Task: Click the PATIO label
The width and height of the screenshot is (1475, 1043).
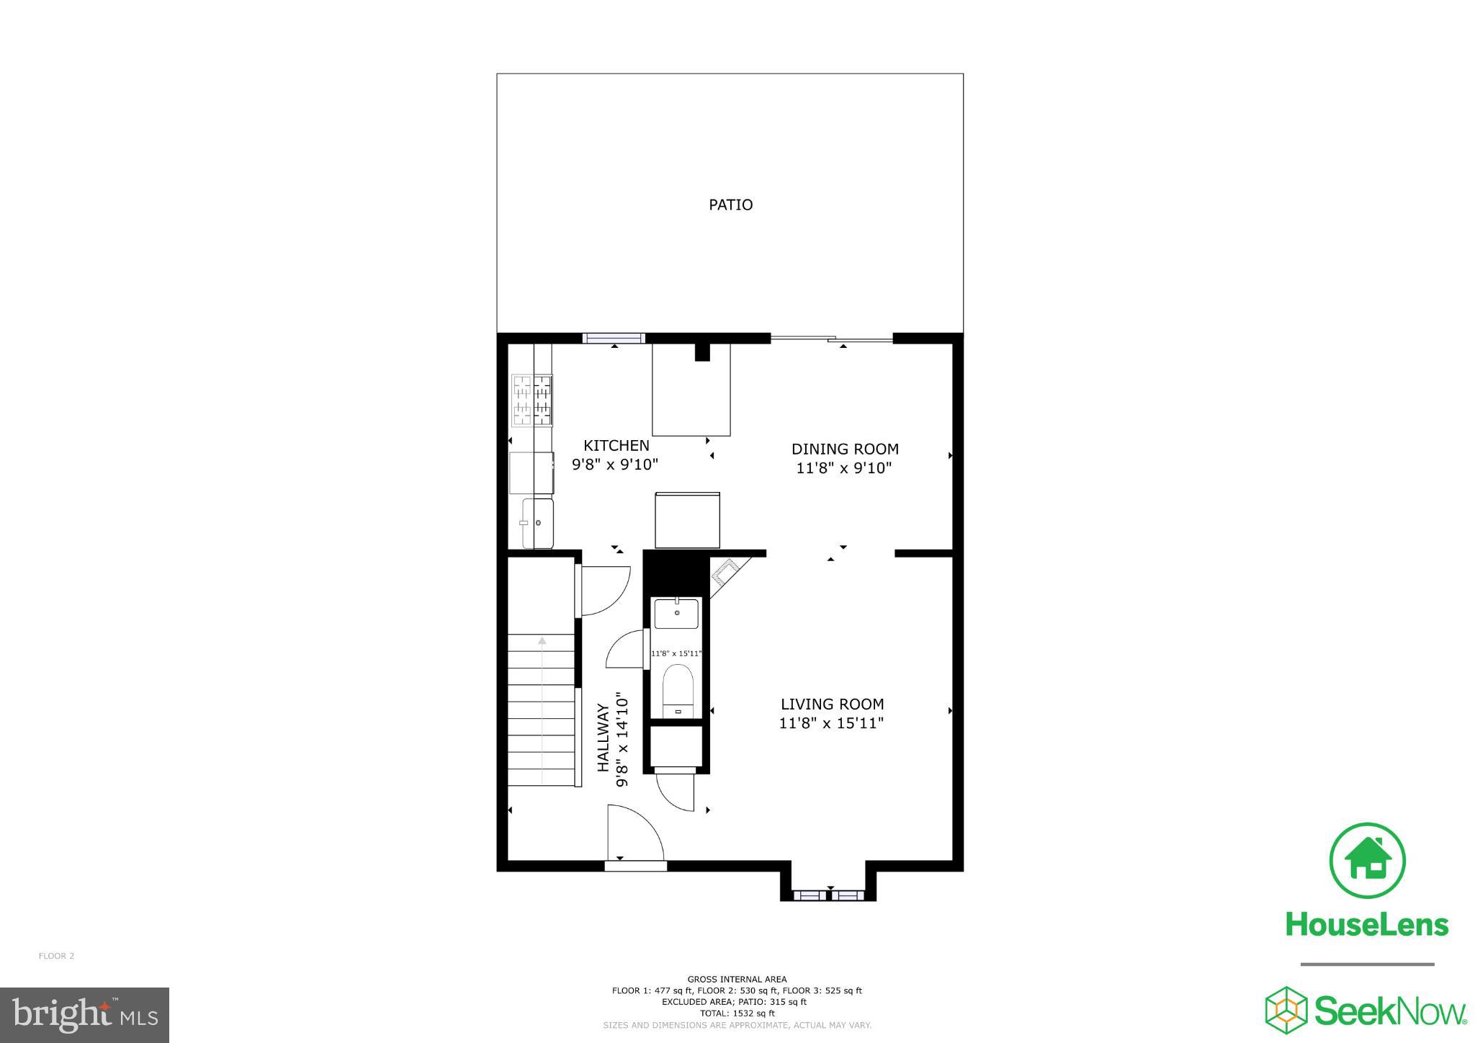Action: tap(730, 205)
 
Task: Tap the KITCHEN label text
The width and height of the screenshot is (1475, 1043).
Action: tap(616, 446)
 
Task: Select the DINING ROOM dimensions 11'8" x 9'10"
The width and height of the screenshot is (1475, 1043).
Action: tap(843, 468)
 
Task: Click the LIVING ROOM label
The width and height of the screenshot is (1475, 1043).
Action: tap(832, 704)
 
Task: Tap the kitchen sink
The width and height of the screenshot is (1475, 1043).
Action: tap(537, 523)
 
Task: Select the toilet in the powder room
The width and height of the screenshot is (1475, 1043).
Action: tap(677, 690)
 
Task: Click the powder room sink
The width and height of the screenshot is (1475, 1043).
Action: tap(676, 614)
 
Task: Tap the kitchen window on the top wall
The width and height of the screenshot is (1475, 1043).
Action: tap(613, 338)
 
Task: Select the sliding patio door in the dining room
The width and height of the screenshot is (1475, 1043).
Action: tap(832, 339)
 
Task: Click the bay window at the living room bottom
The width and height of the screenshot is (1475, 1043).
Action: tap(828, 895)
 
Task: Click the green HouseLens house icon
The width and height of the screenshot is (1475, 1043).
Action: tap(1367, 861)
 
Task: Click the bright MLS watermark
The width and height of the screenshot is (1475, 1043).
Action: tap(84, 1015)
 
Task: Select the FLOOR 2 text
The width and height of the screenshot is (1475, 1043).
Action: tap(56, 957)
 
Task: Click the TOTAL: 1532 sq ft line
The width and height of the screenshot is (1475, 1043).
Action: tap(737, 1013)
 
